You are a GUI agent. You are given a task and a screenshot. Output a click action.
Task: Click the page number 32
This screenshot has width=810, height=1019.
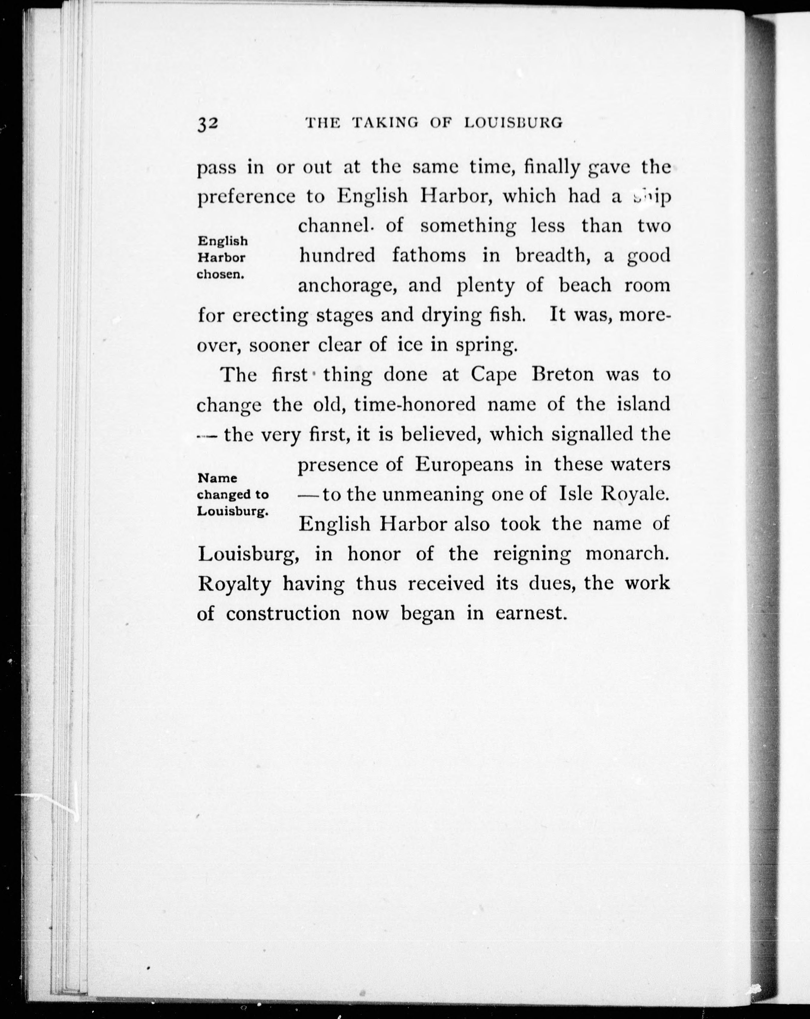208,124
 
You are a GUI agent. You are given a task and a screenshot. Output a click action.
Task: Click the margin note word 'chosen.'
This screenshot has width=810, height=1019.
220,275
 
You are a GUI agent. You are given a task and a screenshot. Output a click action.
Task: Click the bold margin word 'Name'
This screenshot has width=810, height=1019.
217,478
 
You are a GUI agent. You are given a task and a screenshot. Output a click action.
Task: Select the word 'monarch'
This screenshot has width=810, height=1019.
628,553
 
